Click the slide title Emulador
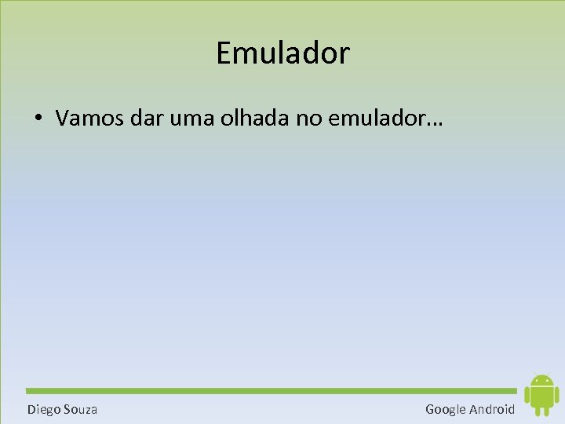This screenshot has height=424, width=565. click(282, 53)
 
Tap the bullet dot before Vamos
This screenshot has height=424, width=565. click(38, 119)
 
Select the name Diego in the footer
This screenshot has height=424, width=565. click(44, 409)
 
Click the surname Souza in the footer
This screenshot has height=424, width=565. click(81, 409)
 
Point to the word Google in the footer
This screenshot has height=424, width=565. click(446, 409)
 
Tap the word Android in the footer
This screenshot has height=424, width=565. click(493, 409)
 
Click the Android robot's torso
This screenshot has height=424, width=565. click(541, 397)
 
